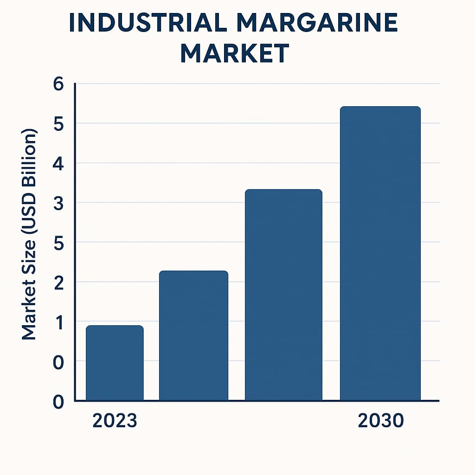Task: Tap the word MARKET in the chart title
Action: point(235,53)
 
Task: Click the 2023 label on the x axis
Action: point(115,421)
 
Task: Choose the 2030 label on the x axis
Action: point(381,421)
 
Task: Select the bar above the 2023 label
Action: point(115,363)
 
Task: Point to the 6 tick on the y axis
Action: point(59,85)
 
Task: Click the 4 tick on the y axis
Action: point(59,164)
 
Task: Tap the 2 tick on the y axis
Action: point(59,282)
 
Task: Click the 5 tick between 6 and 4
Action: point(59,124)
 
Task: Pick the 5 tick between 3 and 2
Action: point(59,243)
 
